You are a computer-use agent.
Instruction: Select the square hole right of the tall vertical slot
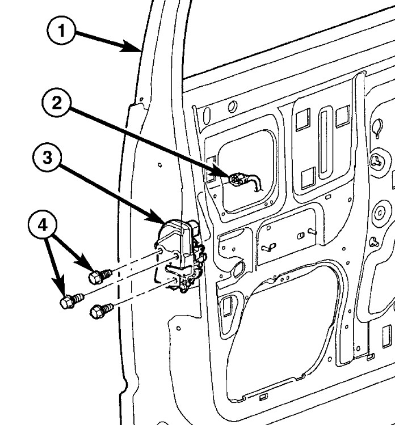point(342,116)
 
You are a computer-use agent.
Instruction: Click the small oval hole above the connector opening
point(232,107)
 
